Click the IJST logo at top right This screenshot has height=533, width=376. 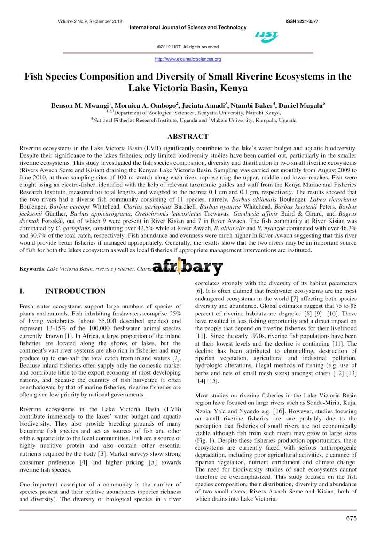point(266,37)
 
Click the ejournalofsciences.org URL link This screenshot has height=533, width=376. point(188,59)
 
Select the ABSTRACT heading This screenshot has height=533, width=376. point(188,137)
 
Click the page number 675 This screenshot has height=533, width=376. point(350,518)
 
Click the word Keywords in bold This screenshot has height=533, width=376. point(31,269)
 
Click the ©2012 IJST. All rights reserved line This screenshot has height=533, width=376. point(188,47)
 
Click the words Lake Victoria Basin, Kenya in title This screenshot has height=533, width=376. point(188,88)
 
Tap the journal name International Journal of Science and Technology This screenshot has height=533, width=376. point(188,27)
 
